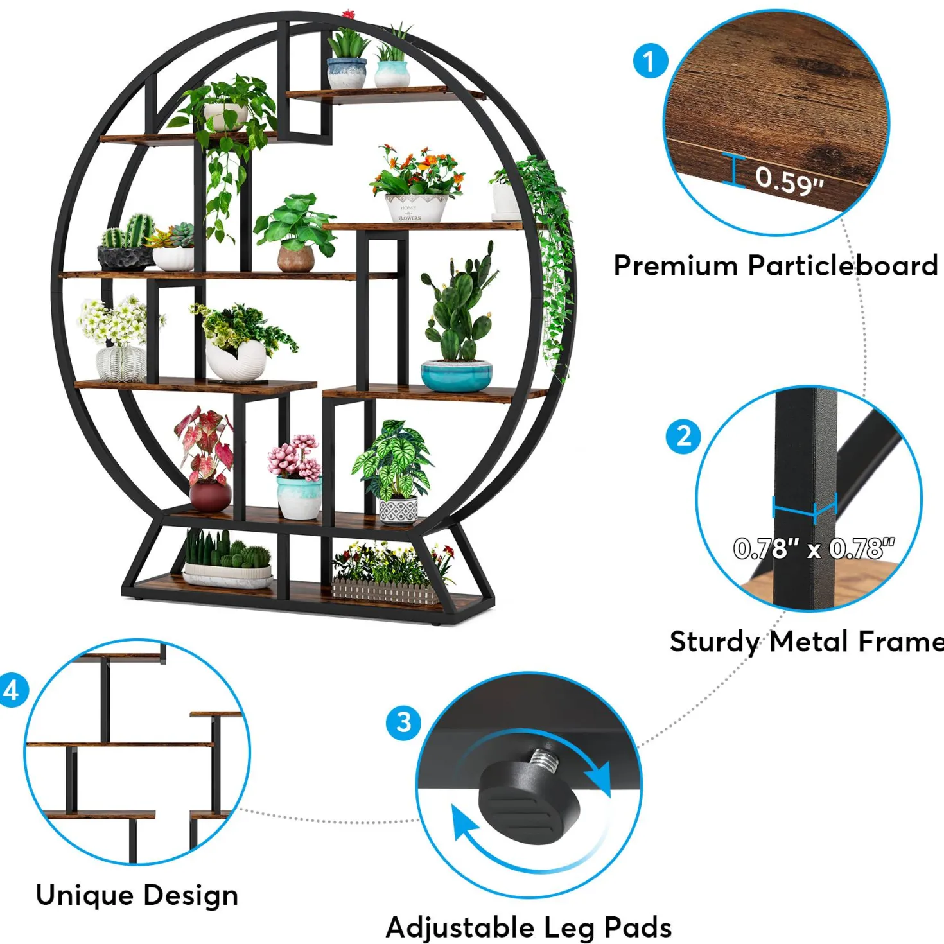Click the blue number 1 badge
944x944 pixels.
point(650,62)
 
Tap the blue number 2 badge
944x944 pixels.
point(683,436)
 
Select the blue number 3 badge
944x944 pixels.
point(403,722)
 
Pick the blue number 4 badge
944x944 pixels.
point(11,690)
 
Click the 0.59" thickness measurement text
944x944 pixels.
point(789,179)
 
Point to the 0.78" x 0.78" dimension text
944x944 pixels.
point(814,548)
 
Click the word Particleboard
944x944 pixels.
point(843,266)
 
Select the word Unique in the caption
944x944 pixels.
point(85,895)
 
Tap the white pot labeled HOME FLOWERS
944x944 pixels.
point(416,208)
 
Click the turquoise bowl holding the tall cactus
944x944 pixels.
point(457,376)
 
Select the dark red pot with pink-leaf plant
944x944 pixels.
point(210,496)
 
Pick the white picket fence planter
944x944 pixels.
point(386,591)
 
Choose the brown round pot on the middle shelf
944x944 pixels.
point(296,259)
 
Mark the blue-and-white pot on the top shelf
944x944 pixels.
point(346,74)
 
